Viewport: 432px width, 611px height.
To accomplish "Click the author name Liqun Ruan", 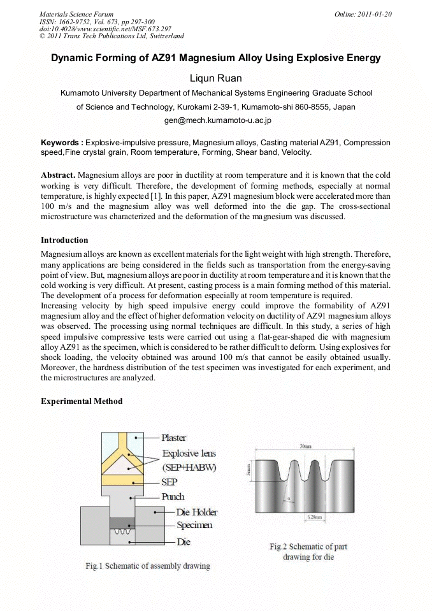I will pos(216,78).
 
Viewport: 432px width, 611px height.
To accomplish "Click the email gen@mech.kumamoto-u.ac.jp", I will pos(216,120).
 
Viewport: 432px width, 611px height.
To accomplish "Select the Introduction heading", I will pos(64,240).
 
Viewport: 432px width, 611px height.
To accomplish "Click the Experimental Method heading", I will pos(82,401).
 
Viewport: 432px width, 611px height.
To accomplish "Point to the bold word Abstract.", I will pos(58,175).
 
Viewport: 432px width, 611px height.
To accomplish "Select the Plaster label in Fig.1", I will pos(173,438).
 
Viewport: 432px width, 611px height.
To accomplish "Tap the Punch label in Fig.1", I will pos(173,496).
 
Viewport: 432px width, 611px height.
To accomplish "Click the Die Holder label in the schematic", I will pos(196,512).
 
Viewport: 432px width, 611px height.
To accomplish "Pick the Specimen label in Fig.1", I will pos(194,525).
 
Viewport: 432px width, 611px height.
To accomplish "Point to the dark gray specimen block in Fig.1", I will pos(118,523).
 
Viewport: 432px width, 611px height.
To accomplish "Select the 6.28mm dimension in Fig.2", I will pos(305,516).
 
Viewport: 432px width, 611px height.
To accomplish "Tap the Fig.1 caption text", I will pos(148,566).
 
